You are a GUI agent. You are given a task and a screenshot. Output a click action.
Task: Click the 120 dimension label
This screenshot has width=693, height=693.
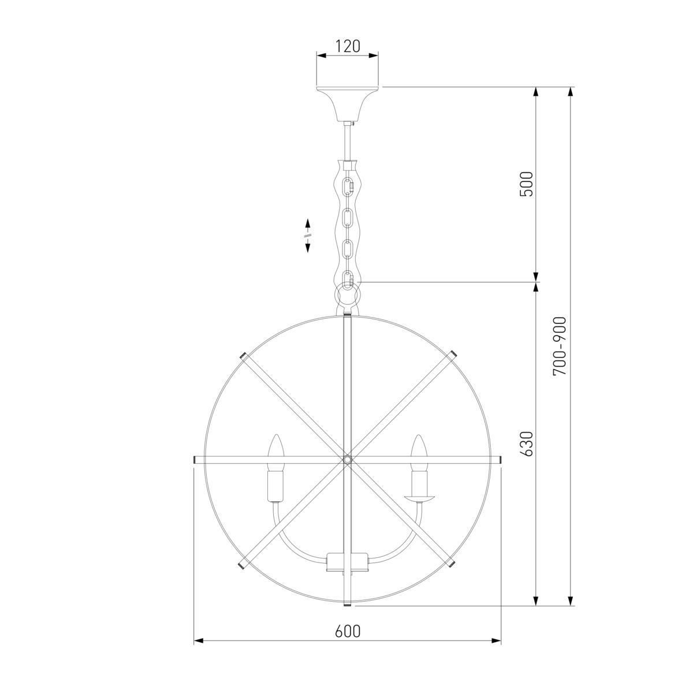(x=348, y=46)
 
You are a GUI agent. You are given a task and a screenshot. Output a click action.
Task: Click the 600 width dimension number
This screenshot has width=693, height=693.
(x=348, y=631)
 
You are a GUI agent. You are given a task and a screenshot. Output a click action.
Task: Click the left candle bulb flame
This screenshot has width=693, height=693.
(x=276, y=453)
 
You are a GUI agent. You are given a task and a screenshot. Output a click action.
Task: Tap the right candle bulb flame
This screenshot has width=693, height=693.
(x=418, y=453)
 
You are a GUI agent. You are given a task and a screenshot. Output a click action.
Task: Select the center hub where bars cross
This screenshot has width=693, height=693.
(x=347, y=459)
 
